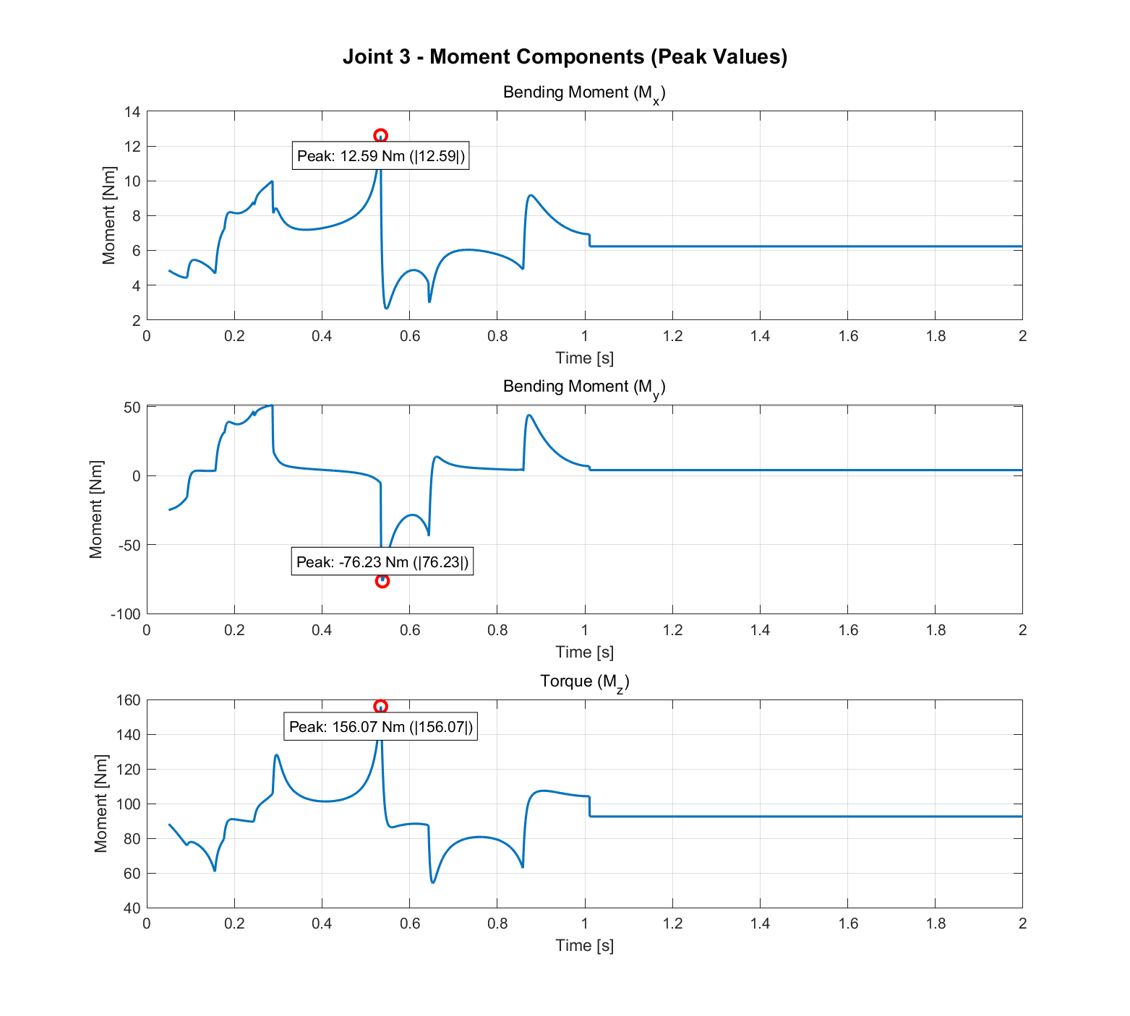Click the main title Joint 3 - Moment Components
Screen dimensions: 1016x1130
pos(565,56)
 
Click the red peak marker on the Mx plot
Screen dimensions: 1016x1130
pos(380,136)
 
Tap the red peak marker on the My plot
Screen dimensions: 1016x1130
pos(382,581)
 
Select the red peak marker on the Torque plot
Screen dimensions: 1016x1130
pos(380,707)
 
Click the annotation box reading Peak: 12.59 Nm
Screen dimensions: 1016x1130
pos(380,156)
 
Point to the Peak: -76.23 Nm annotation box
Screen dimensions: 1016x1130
pos(382,562)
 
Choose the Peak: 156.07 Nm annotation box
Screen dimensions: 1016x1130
pos(381,727)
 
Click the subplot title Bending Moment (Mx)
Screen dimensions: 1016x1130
pos(584,93)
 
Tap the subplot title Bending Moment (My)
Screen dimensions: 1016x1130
pos(584,387)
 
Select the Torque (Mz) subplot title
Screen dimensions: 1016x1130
pos(584,681)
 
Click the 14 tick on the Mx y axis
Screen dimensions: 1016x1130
pos(132,112)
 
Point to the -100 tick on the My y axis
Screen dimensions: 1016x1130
pos(126,614)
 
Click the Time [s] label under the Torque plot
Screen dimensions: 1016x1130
pos(584,945)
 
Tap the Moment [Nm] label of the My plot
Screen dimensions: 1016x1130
pos(96,509)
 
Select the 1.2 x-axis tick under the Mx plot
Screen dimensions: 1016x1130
pos(672,336)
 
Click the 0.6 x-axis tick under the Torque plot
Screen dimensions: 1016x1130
pos(409,924)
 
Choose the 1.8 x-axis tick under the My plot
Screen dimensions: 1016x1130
pos(935,630)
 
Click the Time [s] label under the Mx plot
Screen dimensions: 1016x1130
pos(584,358)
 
